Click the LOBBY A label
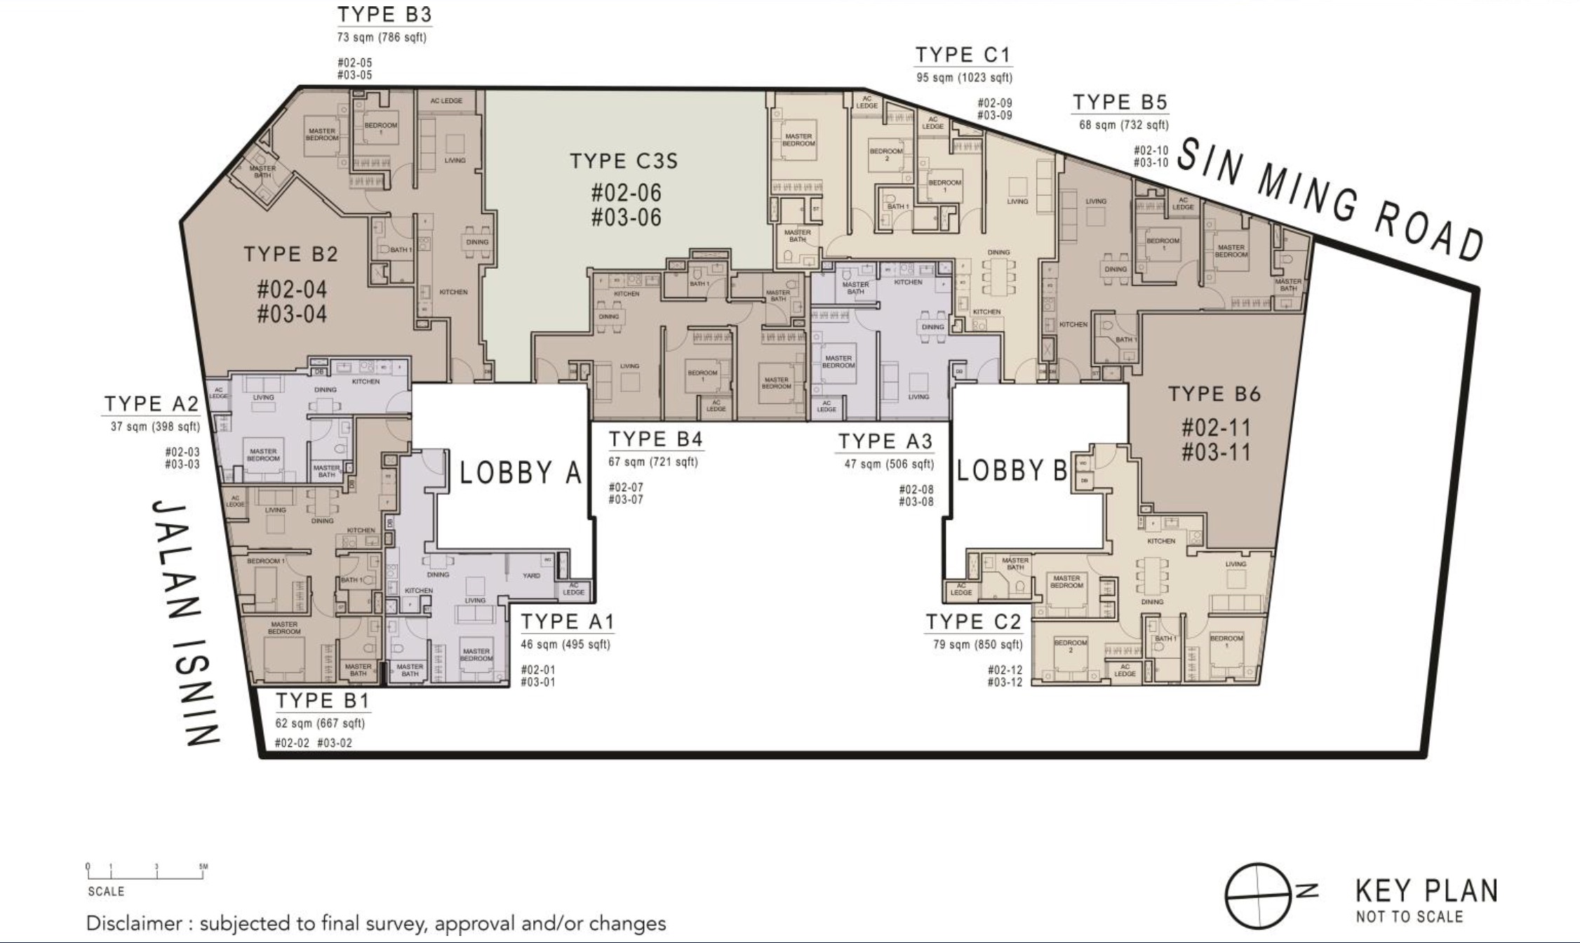521,473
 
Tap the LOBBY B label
1012,470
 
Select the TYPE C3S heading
624,161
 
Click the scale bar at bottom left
146,872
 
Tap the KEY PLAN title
1426,892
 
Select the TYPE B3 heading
384,15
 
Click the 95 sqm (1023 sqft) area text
964,78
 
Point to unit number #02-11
1216,427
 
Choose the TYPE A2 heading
152,404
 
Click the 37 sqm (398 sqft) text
155,427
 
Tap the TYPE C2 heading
973,622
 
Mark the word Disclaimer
134,923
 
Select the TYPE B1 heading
322,700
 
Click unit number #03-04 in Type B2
292,314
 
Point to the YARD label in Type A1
531,575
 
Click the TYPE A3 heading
885,441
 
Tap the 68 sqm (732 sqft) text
1123,126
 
